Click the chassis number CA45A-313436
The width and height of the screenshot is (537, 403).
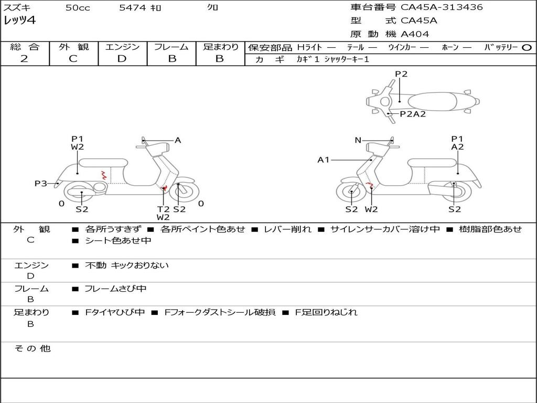[x=442, y=7]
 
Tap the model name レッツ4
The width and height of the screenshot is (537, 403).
[x=20, y=21]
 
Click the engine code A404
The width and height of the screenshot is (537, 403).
[x=415, y=34]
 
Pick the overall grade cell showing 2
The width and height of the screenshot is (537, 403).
[x=25, y=59]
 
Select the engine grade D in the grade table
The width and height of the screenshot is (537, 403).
[x=122, y=59]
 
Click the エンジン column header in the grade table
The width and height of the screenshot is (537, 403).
[x=122, y=47]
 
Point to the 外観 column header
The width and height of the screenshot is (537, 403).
[x=73, y=47]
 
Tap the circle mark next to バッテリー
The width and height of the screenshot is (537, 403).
[x=527, y=48]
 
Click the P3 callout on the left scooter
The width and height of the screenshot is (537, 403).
[x=41, y=183]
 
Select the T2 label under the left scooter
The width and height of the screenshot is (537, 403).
[x=163, y=209]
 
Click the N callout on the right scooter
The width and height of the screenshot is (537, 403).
[x=358, y=140]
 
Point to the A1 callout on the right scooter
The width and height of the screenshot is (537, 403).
[x=324, y=160]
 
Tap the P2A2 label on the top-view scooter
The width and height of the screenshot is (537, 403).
[x=413, y=114]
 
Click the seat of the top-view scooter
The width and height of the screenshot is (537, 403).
[x=433, y=101]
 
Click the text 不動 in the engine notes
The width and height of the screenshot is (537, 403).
[x=95, y=266]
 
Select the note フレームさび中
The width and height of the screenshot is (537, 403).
[x=115, y=289]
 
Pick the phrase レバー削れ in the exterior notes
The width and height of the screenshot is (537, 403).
[x=287, y=229]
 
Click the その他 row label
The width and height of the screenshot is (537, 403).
[x=32, y=348]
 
